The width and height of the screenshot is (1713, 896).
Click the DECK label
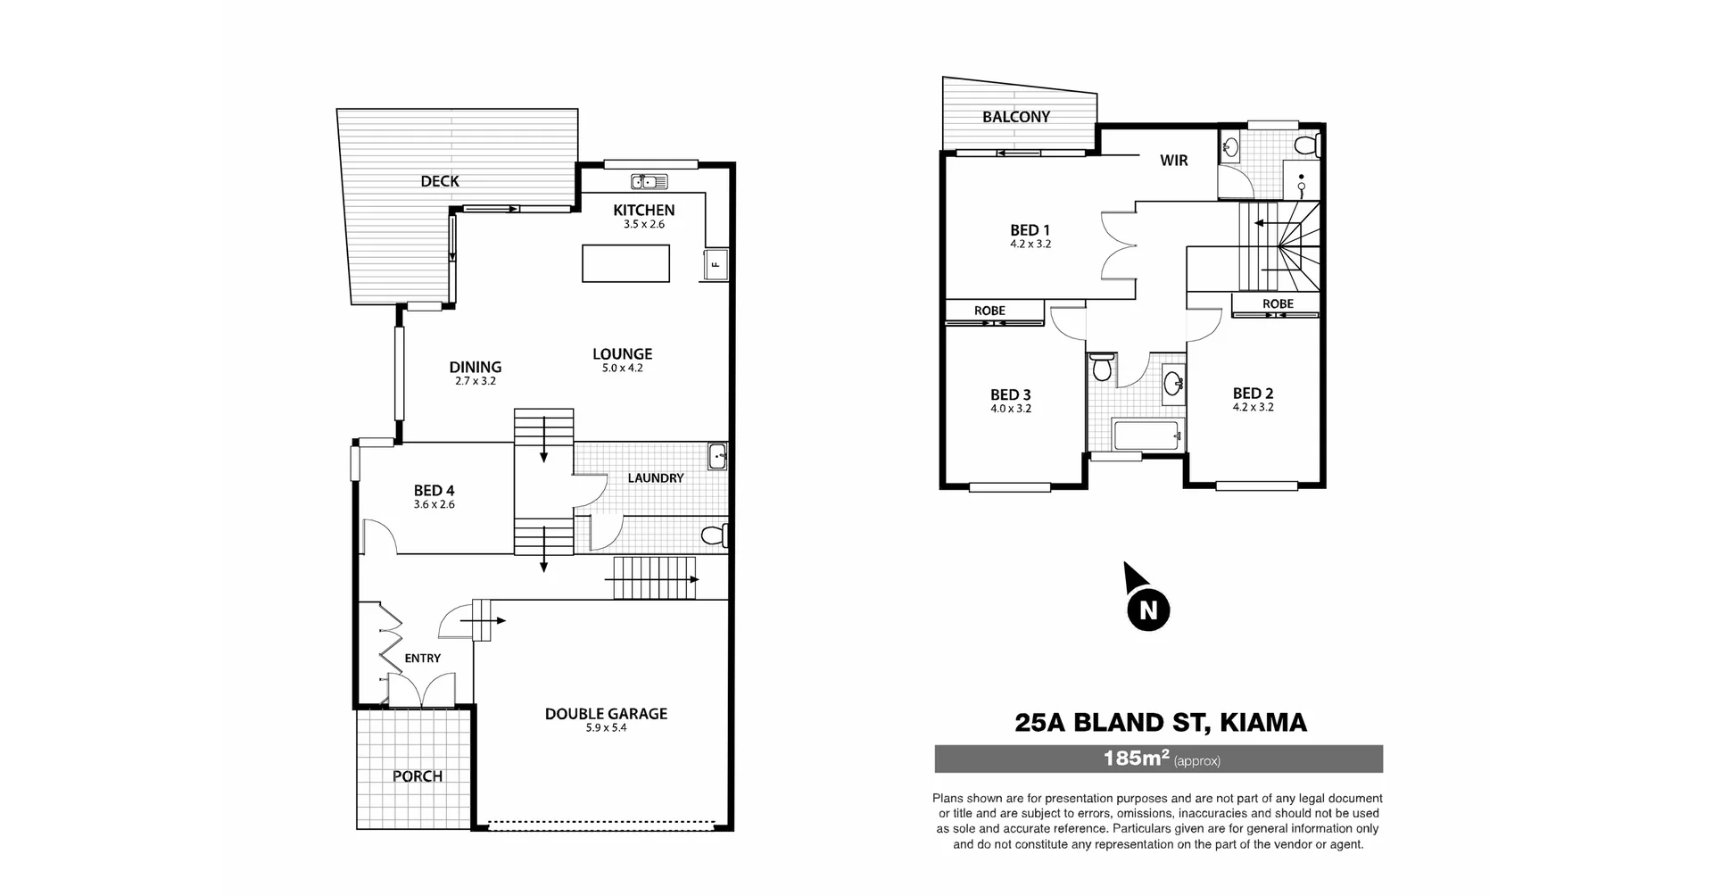coord(440,181)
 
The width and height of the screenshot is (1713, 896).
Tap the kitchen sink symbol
coord(650,182)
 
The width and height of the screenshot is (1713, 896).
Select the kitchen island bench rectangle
coord(625,263)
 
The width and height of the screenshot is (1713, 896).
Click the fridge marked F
coord(716,264)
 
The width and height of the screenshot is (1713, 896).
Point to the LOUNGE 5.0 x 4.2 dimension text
coord(622,368)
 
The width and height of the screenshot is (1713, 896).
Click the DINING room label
coord(475,367)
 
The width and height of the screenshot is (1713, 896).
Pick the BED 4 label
coord(434,490)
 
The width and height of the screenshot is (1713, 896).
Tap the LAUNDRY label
coord(655,478)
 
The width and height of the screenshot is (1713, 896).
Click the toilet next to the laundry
coord(715,535)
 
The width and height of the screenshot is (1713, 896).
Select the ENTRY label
coord(422,659)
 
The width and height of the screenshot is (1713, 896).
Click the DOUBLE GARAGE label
coord(606,714)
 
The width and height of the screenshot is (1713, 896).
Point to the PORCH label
coord(418,776)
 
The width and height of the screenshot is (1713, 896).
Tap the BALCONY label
coord(1015,117)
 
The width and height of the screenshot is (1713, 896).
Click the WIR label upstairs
coord(1173,161)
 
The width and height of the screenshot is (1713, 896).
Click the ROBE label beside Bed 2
coord(1278,304)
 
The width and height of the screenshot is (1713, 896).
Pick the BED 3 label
coord(1010,394)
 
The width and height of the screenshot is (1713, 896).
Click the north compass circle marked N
coord(1148,610)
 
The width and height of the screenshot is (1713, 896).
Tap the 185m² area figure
coord(1136,759)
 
